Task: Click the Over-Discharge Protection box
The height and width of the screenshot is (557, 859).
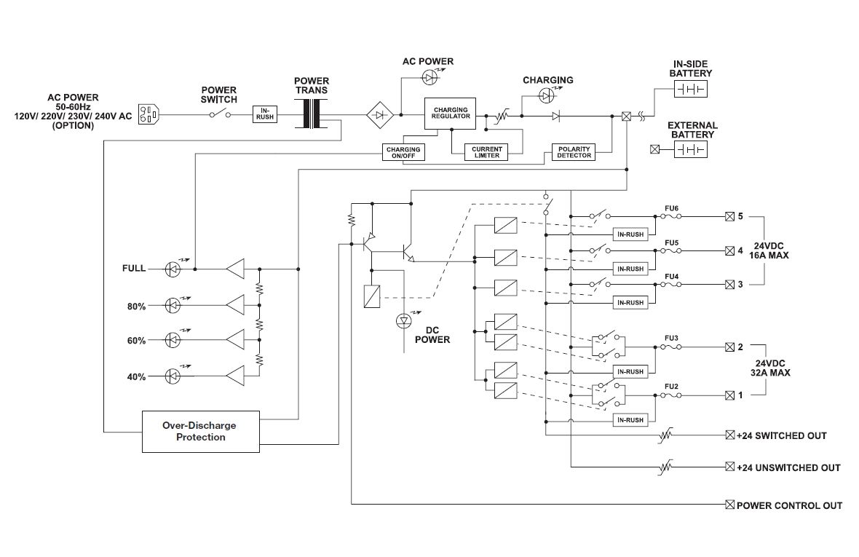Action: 200,432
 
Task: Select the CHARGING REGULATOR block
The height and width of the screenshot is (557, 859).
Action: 451,113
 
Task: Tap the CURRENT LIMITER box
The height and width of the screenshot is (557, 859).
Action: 487,152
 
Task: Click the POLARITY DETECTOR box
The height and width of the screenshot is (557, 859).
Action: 574,152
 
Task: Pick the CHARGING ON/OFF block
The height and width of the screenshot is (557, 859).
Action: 403,152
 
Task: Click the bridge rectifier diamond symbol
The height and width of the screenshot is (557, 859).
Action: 379,114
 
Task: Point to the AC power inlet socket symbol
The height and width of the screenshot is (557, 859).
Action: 149,114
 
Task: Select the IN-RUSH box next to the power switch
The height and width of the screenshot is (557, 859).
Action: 265,114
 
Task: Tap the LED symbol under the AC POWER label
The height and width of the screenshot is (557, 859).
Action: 430,76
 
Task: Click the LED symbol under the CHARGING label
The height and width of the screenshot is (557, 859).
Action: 547,95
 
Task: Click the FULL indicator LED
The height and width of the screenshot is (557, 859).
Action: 173,269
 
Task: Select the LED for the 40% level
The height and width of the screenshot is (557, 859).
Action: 173,376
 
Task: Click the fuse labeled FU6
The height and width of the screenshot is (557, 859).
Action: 672,216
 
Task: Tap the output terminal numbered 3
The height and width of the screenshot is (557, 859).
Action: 729,284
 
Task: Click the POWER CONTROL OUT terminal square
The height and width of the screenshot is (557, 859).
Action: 730,505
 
